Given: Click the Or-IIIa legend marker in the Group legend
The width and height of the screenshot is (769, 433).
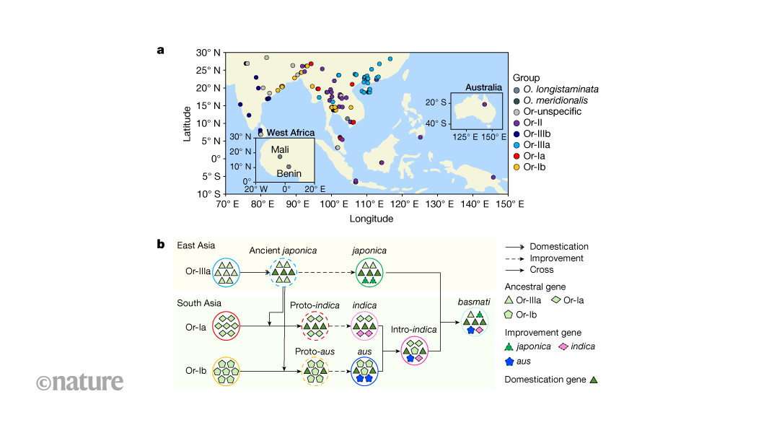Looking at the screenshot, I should point(516,144).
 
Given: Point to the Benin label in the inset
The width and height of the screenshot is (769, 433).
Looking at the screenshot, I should point(289,173).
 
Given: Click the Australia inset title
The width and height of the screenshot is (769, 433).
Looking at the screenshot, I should point(483,87).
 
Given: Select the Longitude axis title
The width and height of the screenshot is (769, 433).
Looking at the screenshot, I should point(372,219).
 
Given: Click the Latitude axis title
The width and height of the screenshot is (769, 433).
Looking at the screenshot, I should point(187,123).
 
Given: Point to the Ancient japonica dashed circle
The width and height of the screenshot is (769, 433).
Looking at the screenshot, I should point(282,274).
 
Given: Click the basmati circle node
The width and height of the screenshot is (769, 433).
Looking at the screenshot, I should point(475,322).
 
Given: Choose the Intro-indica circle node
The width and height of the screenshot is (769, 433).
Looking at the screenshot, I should point(414,351).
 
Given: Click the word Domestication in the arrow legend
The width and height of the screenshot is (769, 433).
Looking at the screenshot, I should point(559,247).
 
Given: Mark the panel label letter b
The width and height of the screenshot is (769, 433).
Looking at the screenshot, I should point(161,244).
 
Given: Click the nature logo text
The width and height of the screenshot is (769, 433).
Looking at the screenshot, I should point(79,382).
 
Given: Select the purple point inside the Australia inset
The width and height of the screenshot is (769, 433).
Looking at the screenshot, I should point(484,105).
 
